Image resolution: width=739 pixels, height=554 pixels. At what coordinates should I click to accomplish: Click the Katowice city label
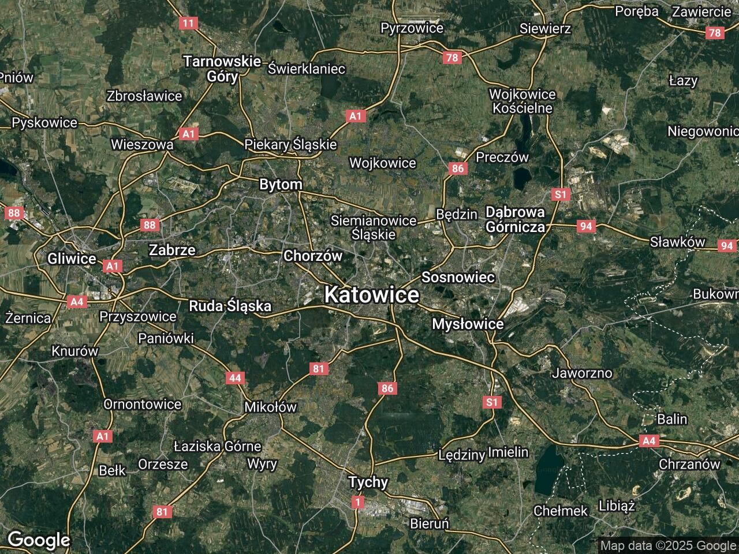tap(371, 295)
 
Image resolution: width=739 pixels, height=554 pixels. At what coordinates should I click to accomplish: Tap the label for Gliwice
tap(72, 259)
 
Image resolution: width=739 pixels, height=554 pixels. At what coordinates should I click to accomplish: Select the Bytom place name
tap(281, 185)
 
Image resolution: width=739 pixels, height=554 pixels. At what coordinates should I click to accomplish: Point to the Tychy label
tap(368, 482)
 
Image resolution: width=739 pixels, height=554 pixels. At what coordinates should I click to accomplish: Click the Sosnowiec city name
tap(458, 278)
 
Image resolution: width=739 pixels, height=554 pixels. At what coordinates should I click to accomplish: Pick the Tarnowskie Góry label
tap(222, 69)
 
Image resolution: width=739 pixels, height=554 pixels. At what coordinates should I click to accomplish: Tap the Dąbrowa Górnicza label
tap(515, 219)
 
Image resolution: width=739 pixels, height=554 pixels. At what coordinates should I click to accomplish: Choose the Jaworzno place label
tap(582, 373)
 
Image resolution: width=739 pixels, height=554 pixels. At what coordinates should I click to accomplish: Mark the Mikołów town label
tap(270, 407)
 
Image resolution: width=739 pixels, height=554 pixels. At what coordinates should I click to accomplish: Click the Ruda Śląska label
tap(230, 306)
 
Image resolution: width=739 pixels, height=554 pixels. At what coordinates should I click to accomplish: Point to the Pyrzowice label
tap(412, 28)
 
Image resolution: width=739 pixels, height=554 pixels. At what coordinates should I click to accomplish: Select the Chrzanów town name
tap(689, 465)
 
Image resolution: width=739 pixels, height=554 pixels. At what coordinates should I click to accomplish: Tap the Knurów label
tap(75, 351)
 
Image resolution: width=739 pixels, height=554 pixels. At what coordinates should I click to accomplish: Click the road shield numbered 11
tap(188, 23)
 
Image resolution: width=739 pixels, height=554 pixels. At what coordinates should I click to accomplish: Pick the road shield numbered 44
tap(235, 378)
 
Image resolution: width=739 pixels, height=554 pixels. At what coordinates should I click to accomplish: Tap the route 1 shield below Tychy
tap(358, 503)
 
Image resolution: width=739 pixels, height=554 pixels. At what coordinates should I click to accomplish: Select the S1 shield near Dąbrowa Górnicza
tap(560, 194)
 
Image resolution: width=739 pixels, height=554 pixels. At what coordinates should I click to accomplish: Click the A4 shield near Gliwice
tap(76, 301)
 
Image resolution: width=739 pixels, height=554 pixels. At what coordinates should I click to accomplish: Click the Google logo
tap(39, 540)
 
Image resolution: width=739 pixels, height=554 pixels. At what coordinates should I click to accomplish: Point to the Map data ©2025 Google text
tap(668, 545)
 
